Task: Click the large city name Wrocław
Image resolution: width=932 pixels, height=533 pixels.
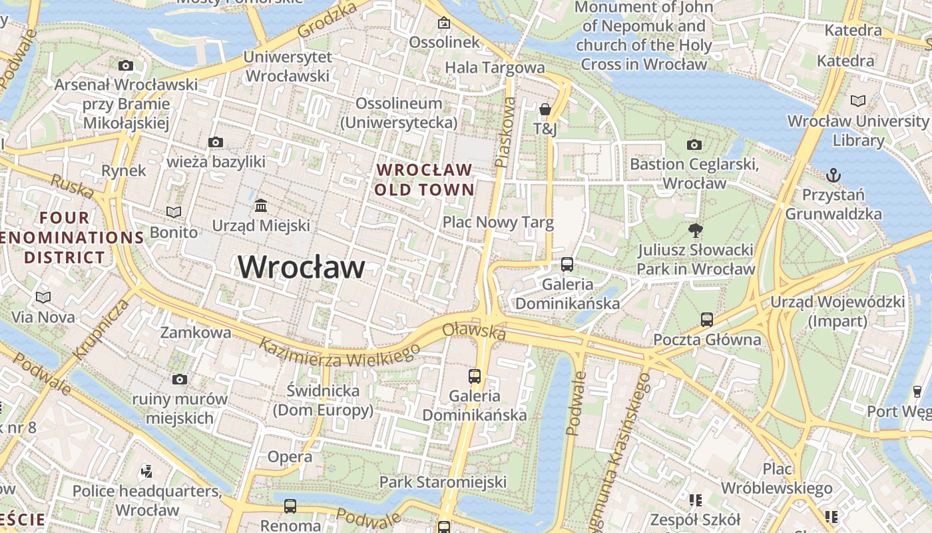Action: point(302,267)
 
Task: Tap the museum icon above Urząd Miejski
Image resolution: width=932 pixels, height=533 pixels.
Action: point(261,205)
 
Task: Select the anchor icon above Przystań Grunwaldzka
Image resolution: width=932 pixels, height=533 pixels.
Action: point(833,175)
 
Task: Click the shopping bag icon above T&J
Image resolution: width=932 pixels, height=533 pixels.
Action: point(545,109)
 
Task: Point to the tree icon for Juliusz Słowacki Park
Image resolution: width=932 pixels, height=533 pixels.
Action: point(696,231)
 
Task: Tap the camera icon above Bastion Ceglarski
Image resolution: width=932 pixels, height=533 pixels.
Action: point(694,145)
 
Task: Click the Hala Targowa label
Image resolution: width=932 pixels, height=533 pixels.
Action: point(495,67)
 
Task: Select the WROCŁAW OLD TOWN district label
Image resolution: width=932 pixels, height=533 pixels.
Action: point(424,180)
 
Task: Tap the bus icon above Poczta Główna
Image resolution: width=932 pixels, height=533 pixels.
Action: point(707,320)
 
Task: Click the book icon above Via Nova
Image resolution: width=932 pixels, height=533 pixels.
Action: point(43,297)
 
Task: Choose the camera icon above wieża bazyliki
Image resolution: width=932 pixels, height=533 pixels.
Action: point(216,142)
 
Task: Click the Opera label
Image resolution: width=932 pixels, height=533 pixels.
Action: point(290,457)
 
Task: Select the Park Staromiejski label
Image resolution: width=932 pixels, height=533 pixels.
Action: point(443,482)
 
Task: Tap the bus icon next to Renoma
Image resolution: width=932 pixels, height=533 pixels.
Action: point(290,506)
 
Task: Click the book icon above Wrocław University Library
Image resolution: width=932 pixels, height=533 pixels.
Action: point(858,101)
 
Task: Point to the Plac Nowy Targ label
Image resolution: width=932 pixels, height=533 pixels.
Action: point(498,222)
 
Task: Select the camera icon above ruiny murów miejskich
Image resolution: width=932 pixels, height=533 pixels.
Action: point(179,380)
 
